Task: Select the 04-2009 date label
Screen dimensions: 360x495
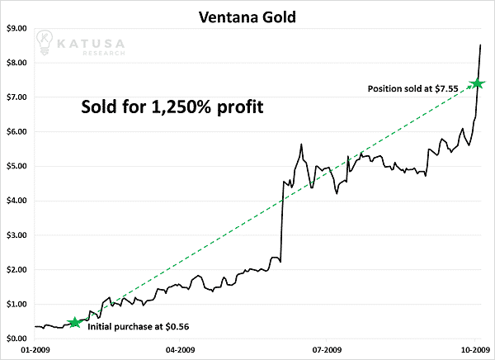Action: point(181,350)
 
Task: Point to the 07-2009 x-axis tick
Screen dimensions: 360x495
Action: point(328,350)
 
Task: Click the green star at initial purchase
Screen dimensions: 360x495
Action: point(74,322)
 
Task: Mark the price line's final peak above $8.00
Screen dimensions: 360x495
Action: point(481,45)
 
